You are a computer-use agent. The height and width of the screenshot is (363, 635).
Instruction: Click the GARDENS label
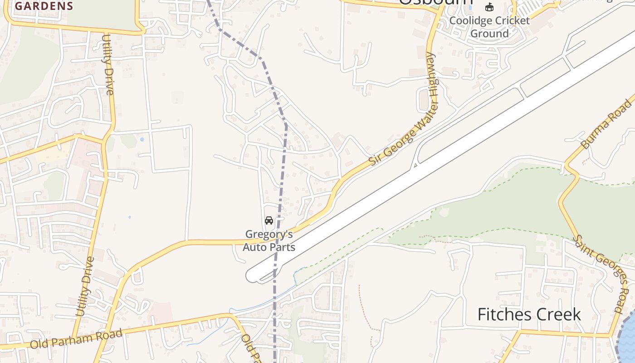(44, 6)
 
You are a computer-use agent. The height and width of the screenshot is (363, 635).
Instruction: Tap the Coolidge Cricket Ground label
(489, 27)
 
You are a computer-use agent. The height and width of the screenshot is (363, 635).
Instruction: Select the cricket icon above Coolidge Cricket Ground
(489, 7)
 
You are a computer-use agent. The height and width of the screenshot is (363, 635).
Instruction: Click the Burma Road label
(606, 125)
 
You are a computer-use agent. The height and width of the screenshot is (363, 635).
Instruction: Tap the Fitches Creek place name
(529, 314)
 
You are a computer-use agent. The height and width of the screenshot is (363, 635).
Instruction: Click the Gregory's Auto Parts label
(269, 240)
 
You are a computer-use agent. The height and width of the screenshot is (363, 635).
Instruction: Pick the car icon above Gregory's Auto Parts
(269, 221)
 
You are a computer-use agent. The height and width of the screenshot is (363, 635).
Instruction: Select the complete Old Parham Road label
(76, 339)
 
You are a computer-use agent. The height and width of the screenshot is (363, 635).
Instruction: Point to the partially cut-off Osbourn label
(435, 3)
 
